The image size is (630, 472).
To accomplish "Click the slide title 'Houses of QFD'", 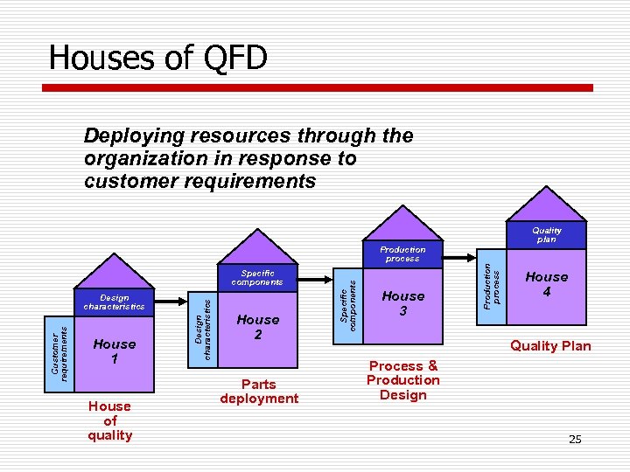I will tap(157, 58).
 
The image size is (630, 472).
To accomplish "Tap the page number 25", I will tap(575, 439).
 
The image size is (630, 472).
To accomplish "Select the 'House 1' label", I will tap(115, 351).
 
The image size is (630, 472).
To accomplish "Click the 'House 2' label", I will tap(258, 327).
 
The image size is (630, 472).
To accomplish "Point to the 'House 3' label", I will tap(402, 303).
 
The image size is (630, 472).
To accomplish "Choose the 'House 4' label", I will tap(546, 284).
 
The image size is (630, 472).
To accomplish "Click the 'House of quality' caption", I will tap(110, 420).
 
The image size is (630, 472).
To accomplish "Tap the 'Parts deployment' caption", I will tap(259, 391).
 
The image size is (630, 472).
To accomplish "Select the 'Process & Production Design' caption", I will tap(402, 380).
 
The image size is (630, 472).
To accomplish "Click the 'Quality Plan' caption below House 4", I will tap(550, 345).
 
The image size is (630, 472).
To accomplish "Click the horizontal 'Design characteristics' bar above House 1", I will tap(115, 302).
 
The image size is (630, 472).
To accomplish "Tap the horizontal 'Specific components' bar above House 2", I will tap(258, 278).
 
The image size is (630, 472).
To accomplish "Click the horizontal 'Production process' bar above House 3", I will tap(402, 254).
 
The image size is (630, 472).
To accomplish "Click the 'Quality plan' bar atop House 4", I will tap(546, 235).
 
